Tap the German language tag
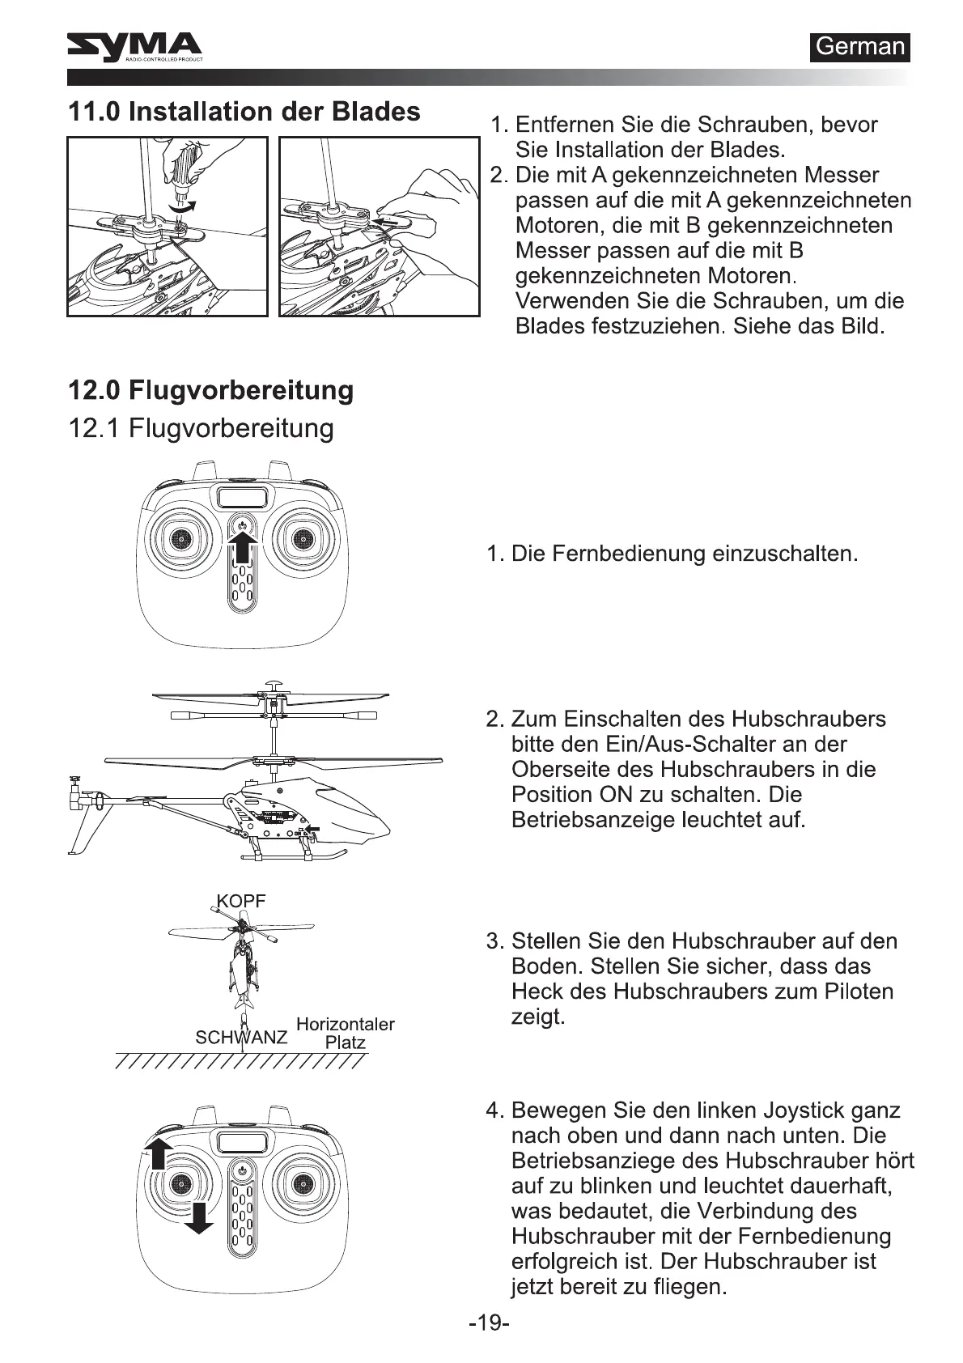(x=859, y=47)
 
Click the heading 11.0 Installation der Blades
(x=244, y=112)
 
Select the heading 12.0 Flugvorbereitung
(x=210, y=390)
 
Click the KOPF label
(x=240, y=901)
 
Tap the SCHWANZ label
(x=240, y=1037)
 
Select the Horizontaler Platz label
(x=346, y=1033)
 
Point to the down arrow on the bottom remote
(x=198, y=1217)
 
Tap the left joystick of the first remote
(x=180, y=537)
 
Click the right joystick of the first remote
(x=302, y=537)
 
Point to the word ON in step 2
(x=616, y=794)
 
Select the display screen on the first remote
(x=240, y=498)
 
